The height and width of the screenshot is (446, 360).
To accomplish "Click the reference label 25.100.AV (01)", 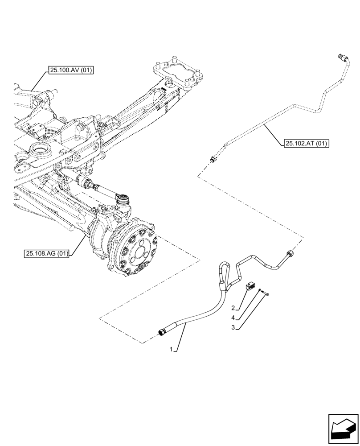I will click(69, 70).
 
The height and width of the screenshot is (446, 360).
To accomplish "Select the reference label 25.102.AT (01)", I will click(306, 144).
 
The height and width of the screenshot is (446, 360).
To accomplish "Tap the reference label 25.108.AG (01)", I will click(47, 254).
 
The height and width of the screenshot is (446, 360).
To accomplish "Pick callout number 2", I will click(233, 308).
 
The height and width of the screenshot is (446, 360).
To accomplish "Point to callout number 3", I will click(233, 327).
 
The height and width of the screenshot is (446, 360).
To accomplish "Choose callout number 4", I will click(233, 318).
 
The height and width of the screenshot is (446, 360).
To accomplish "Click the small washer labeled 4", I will click(260, 291).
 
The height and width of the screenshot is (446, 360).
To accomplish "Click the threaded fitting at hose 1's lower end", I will click(163, 331).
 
